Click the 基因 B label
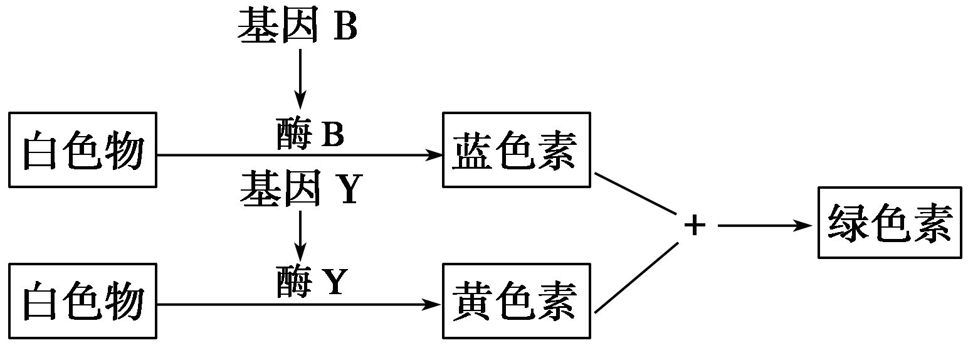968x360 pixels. click(297, 26)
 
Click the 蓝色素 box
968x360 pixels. click(516, 150)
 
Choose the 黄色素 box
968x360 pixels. click(516, 301)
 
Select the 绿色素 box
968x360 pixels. click(890, 223)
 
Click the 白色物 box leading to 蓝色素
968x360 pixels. click(82, 150)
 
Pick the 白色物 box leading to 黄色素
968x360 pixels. click(82, 301)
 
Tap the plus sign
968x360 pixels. click(694, 226)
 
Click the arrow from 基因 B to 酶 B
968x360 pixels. click(300, 78)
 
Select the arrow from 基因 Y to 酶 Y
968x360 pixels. click(300, 237)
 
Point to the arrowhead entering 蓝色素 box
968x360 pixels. click(434, 154)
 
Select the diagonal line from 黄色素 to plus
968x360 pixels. click(636, 277)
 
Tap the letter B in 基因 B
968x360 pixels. click(345, 27)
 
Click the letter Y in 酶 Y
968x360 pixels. click(334, 282)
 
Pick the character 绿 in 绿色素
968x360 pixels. click(847, 223)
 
